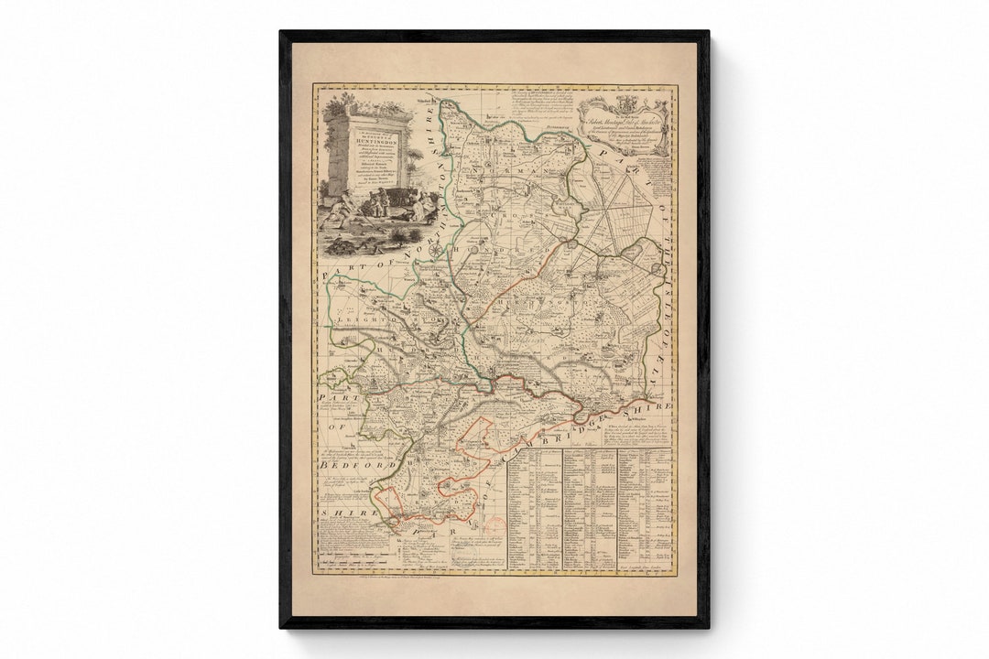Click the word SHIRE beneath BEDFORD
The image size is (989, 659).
pyautogui.click(x=350, y=513)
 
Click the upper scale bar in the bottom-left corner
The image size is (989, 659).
pyautogui.click(x=353, y=540)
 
